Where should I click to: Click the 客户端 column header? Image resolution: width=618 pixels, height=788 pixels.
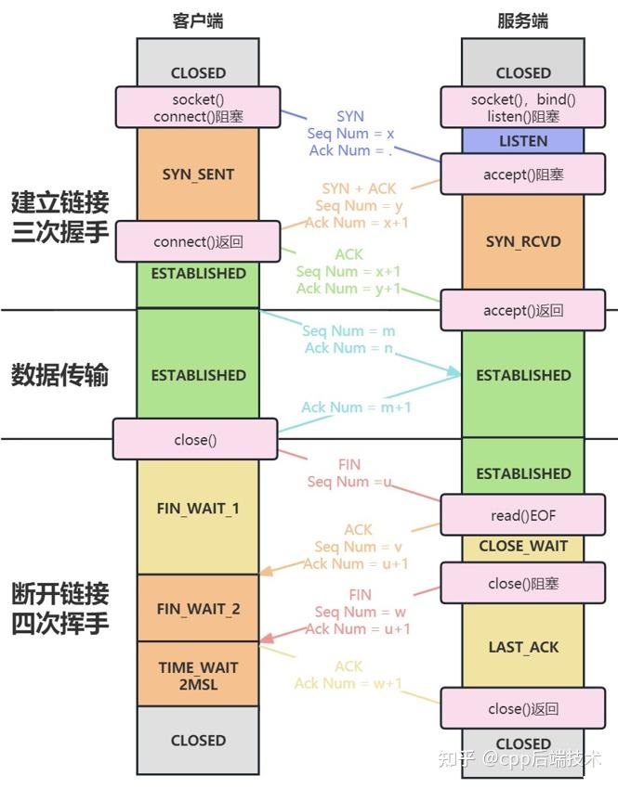click(198, 20)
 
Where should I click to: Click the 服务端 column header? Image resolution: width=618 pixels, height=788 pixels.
click(523, 20)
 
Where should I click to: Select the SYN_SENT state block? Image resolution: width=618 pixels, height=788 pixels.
click(198, 174)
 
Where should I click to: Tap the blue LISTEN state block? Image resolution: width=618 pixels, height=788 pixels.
click(523, 141)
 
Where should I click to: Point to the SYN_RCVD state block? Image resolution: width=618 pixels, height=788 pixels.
click(523, 241)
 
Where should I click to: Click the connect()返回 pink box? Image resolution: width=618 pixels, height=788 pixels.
click(197, 241)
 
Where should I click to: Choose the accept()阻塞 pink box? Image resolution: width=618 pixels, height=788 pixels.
click(523, 174)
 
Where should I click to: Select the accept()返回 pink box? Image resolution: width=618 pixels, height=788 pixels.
click(523, 311)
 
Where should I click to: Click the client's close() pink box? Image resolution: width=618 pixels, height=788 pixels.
click(195, 439)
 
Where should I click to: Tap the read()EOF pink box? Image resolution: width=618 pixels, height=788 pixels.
click(523, 515)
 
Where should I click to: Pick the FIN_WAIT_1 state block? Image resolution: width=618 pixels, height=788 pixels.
click(198, 509)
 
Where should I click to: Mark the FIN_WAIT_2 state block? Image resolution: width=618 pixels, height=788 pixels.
click(198, 609)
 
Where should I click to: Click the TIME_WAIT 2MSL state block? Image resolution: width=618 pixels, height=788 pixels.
click(198, 675)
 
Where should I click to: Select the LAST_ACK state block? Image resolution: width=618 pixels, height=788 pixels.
click(523, 647)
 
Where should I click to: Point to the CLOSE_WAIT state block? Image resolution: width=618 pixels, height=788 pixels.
click(523, 547)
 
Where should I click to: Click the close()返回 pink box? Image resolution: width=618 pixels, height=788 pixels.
click(523, 709)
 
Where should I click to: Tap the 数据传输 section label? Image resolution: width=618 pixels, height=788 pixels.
click(60, 375)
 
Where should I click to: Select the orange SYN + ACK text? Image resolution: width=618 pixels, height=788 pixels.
click(359, 188)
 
